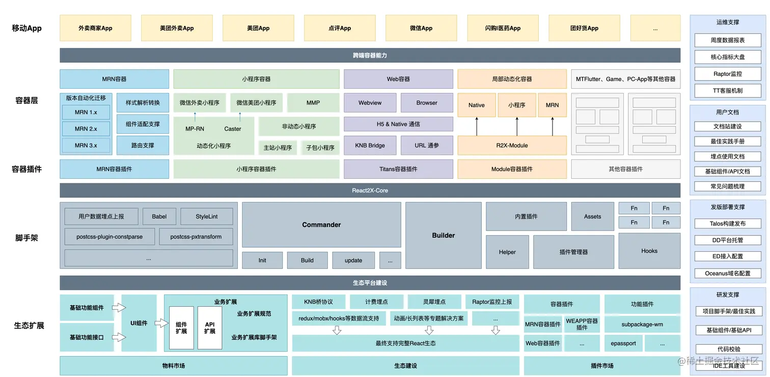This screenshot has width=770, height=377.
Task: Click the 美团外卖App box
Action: [x=177, y=28]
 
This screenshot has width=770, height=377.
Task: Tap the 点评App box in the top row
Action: [x=340, y=28]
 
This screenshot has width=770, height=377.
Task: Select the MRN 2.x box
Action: [x=86, y=129]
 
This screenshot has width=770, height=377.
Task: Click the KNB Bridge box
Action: [x=370, y=146]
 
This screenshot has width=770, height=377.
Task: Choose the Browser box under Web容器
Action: [x=427, y=103]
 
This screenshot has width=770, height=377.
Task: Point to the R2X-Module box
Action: [x=512, y=146]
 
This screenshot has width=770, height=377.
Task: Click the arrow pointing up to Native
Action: [x=477, y=125]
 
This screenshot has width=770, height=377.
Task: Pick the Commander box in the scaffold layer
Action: [x=321, y=225]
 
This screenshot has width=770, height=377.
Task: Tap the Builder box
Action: [x=444, y=235]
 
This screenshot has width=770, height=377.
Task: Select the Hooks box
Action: [x=649, y=251]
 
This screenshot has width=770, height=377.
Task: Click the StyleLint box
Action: [x=207, y=217]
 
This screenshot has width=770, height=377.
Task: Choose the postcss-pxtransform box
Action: [x=196, y=237]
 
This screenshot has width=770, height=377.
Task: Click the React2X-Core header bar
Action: [x=370, y=191]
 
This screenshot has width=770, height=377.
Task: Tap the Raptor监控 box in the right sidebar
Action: [x=728, y=74]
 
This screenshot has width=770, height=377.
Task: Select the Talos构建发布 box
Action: [x=728, y=224]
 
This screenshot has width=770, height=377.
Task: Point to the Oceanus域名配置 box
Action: [x=728, y=274]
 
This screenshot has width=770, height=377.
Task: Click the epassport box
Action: [x=623, y=343]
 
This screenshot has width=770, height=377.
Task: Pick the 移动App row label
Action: [x=26, y=29]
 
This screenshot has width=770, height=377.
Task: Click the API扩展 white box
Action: [x=210, y=328]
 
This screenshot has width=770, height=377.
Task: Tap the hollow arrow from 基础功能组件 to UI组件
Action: [x=119, y=308]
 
